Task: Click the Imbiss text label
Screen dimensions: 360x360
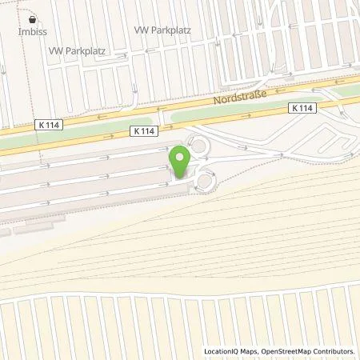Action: coord(32,32)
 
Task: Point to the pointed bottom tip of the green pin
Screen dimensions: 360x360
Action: coord(181,177)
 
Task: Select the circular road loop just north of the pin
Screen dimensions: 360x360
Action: coord(198,147)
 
